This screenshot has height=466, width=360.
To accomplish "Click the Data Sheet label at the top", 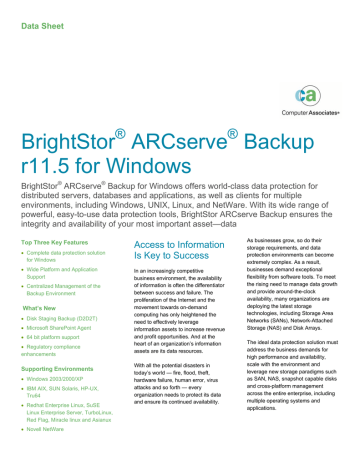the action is point(38,14).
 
